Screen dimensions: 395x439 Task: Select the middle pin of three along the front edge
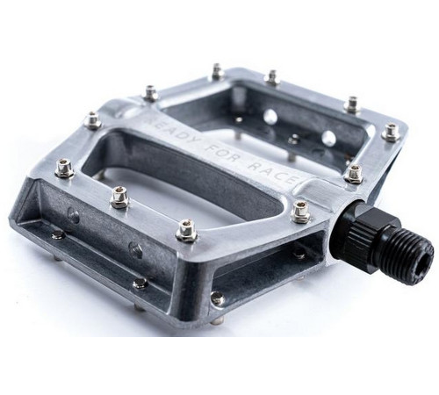[x=119, y=199]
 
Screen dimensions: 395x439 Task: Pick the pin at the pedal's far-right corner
[x=392, y=132]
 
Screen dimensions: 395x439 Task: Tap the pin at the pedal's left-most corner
[x=63, y=169]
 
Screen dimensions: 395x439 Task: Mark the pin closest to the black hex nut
[x=354, y=172]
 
